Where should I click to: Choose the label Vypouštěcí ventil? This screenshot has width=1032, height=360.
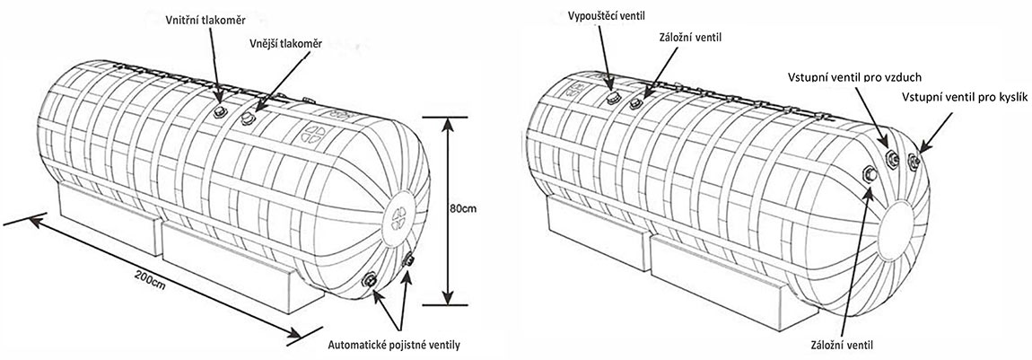608,14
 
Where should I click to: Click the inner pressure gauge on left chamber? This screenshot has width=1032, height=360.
219,110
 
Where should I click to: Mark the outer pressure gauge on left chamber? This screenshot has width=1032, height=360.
249,117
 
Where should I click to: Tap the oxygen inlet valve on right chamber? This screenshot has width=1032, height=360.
914,162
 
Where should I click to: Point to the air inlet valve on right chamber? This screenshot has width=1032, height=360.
891,161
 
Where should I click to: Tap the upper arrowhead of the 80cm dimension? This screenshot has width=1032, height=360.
448,120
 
